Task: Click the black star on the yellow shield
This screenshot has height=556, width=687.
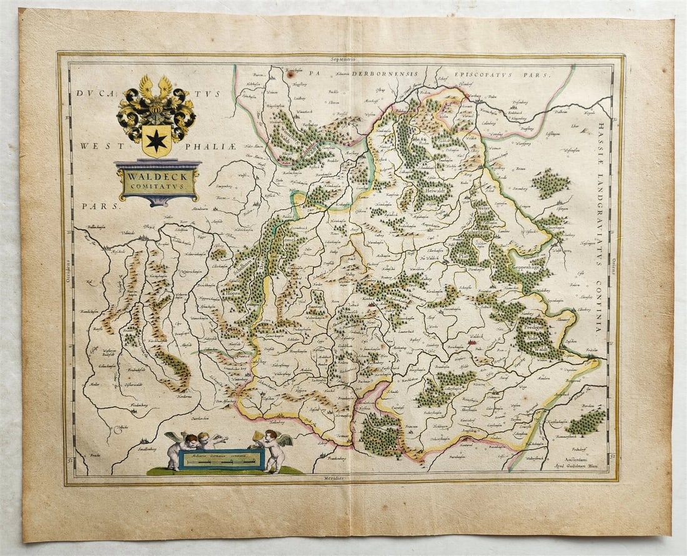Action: (x=156, y=141)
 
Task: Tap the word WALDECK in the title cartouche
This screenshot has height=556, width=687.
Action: (x=158, y=176)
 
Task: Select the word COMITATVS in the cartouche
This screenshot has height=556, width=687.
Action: (x=158, y=186)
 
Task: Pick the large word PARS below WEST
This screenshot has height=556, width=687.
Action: (x=92, y=205)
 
